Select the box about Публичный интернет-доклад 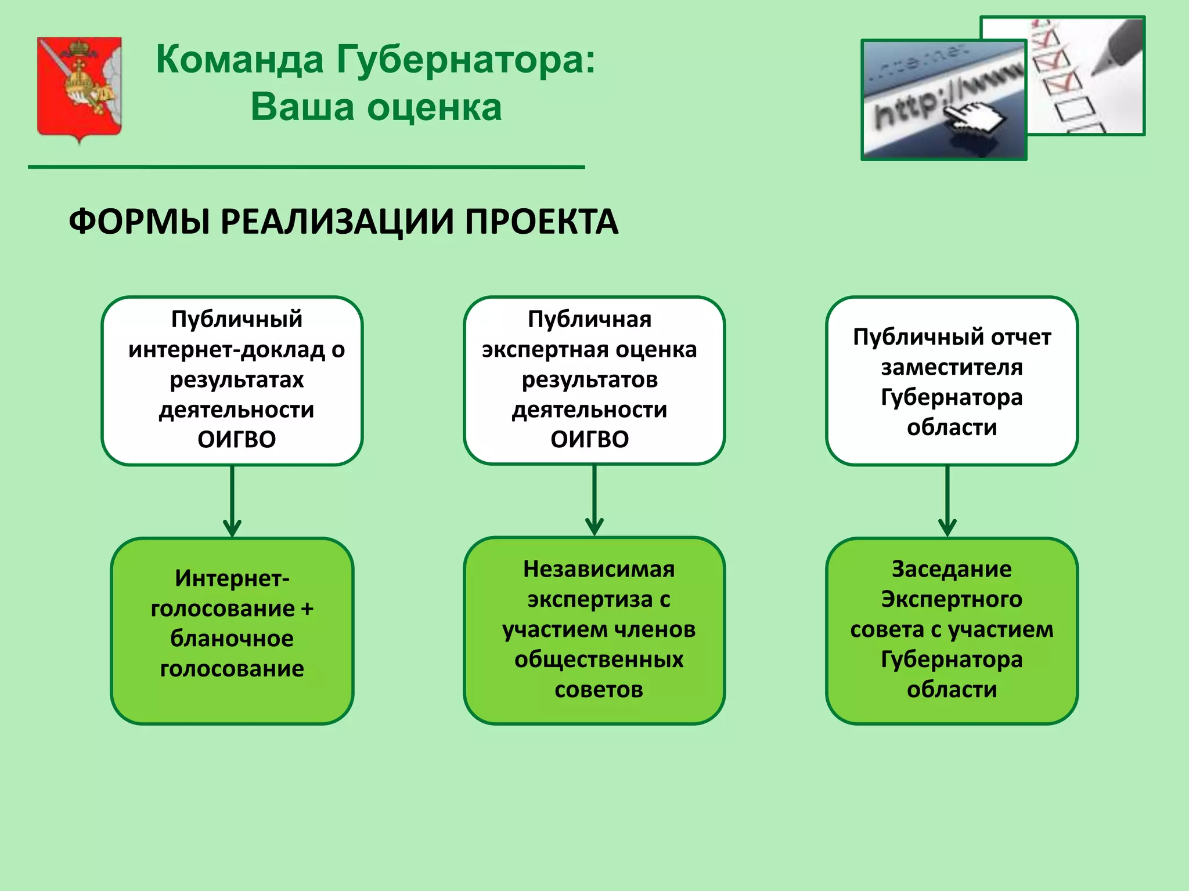pyautogui.click(x=232, y=380)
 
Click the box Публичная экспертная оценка pyautogui.click(x=594, y=380)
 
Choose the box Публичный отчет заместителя pyautogui.click(x=952, y=380)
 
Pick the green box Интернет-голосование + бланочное pyautogui.click(x=232, y=631)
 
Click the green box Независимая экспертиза pyautogui.click(x=594, y=631)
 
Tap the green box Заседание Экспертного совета pyautogui.click(x=952, y=631)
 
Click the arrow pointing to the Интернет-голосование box pyautogui.click(x=232, y=502)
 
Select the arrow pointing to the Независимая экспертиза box pyautogui.click(x=594, y=502)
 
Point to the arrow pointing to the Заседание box pyautogui.click(x=947, y=502)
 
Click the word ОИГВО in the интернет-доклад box pyautogui.click(x=237, y=440)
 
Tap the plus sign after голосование pyautogui.click(x=307, y=609)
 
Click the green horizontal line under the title pyautogui.click(x=306, y=167)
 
